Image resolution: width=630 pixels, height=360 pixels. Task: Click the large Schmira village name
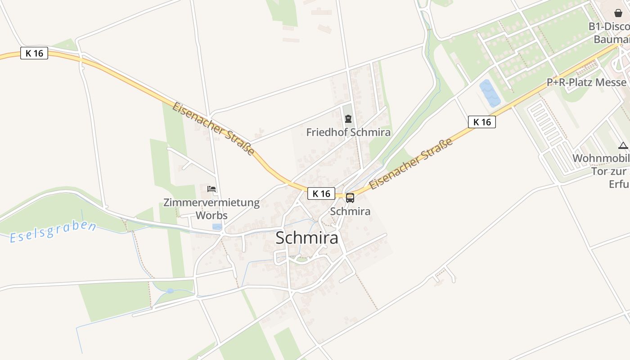pyautogui.click(x=306, y=238)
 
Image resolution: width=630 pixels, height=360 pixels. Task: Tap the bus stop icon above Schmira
pyautogui.click(x=350, y=198)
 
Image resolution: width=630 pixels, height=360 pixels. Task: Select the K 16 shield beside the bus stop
pyautogui.click(x=321, y=193)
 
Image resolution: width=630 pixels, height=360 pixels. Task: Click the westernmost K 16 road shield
pyautogui.click(x=34, y=53)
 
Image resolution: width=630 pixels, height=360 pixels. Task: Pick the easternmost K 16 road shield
pyautogui.click(x=481, y=122)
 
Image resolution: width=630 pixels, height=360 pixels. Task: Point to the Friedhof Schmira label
pyautogui.click(x=348, y=132)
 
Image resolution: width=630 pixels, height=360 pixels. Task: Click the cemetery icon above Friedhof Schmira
pyautogui.click(x=348, y=119)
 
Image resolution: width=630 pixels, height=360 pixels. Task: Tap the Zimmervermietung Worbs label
pyautogui.click(x=211, y=208)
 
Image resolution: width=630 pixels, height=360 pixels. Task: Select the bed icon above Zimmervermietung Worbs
pyautogui.click(x=211, y=189)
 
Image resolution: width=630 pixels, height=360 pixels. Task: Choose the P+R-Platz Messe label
pyautogui.click(x=586, y=82)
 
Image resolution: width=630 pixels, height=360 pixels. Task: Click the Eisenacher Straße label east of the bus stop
pyautogui.click(x=410, y=165)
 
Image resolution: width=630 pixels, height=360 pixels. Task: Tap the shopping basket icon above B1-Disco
pyautogui.click(x=618, y=13)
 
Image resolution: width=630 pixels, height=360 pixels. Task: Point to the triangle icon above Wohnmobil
pyautogui.click(x=623, y=145)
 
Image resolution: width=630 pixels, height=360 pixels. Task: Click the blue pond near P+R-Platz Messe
pyautogui.click(x=490, y=93)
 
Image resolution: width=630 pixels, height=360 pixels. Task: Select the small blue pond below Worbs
pyautogui.click(x=217, y=227)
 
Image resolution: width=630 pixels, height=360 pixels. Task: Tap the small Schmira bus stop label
pyautogui.click(x=350, y=211)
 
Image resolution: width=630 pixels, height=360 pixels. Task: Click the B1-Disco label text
pyautogui.click(x=609, y=27)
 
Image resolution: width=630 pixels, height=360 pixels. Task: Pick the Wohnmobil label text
pyautogui.click(x=601, y=158)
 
